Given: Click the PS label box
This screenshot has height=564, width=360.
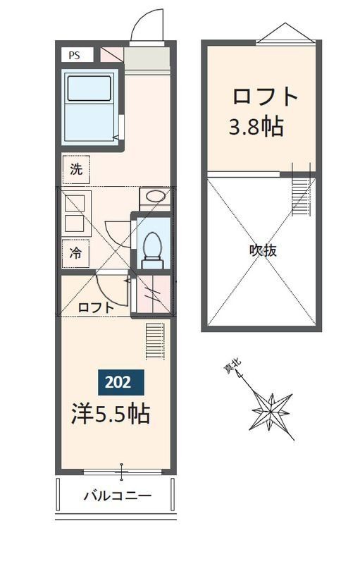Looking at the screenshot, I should click(73, 54).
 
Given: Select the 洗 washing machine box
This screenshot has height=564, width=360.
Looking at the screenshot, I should click(75, 169).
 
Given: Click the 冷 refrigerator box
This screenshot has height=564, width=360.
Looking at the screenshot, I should click(75, 254).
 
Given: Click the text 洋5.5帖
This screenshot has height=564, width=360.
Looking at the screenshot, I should click(110, 414).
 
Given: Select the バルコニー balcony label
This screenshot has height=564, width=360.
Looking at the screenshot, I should click(118, 496).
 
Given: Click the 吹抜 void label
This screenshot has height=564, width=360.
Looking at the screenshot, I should click(262, 251).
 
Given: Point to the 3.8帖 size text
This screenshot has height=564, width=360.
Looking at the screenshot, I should click(256, 127).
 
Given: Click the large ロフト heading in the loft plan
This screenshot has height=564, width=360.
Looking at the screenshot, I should click(265, 96).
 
